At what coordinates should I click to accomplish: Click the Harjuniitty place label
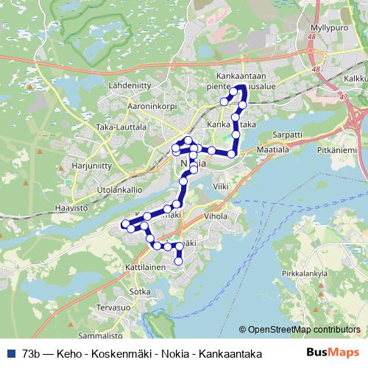click(x=91, y=166)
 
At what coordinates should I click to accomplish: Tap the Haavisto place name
click(x=71, y=208)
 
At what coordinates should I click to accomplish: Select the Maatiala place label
click(x=273, y=149)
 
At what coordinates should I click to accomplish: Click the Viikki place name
click(x=220, y=188)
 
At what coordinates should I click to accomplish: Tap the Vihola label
click(x=216, y=217)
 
